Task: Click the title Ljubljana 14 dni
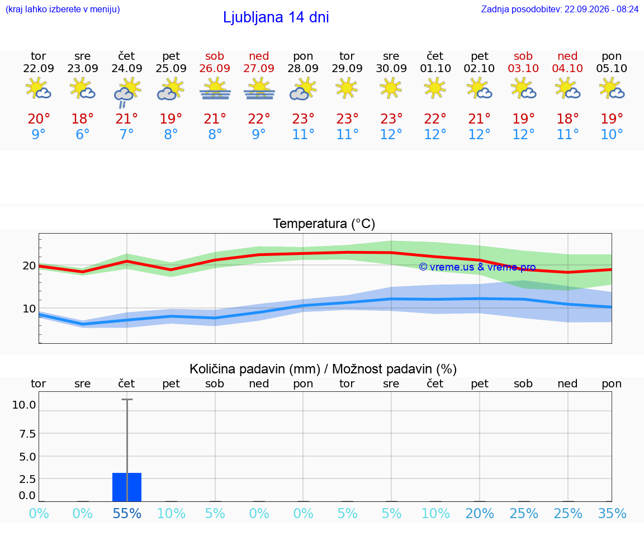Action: (276, 17)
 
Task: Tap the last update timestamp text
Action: (560, 9)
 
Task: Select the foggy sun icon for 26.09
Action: (215, 89)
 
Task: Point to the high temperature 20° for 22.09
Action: (39, 119)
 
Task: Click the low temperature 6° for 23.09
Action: (83, 134)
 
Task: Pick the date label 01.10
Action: (435, 68)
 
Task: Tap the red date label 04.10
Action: (567, 68)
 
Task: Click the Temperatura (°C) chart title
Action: (324, 224)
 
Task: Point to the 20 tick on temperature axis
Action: (29, 266)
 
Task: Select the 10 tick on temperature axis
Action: (29, 309)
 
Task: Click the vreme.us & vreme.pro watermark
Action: (477, 267)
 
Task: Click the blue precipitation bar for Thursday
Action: (127, 487)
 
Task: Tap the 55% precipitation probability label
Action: (127, 513)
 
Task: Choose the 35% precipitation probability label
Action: (612, 513)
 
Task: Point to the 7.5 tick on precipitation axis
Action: (27, 434)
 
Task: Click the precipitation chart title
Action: (323, 369)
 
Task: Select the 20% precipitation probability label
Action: (480, 513)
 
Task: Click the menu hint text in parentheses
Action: (63, 9)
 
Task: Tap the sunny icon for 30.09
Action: (391, 88)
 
